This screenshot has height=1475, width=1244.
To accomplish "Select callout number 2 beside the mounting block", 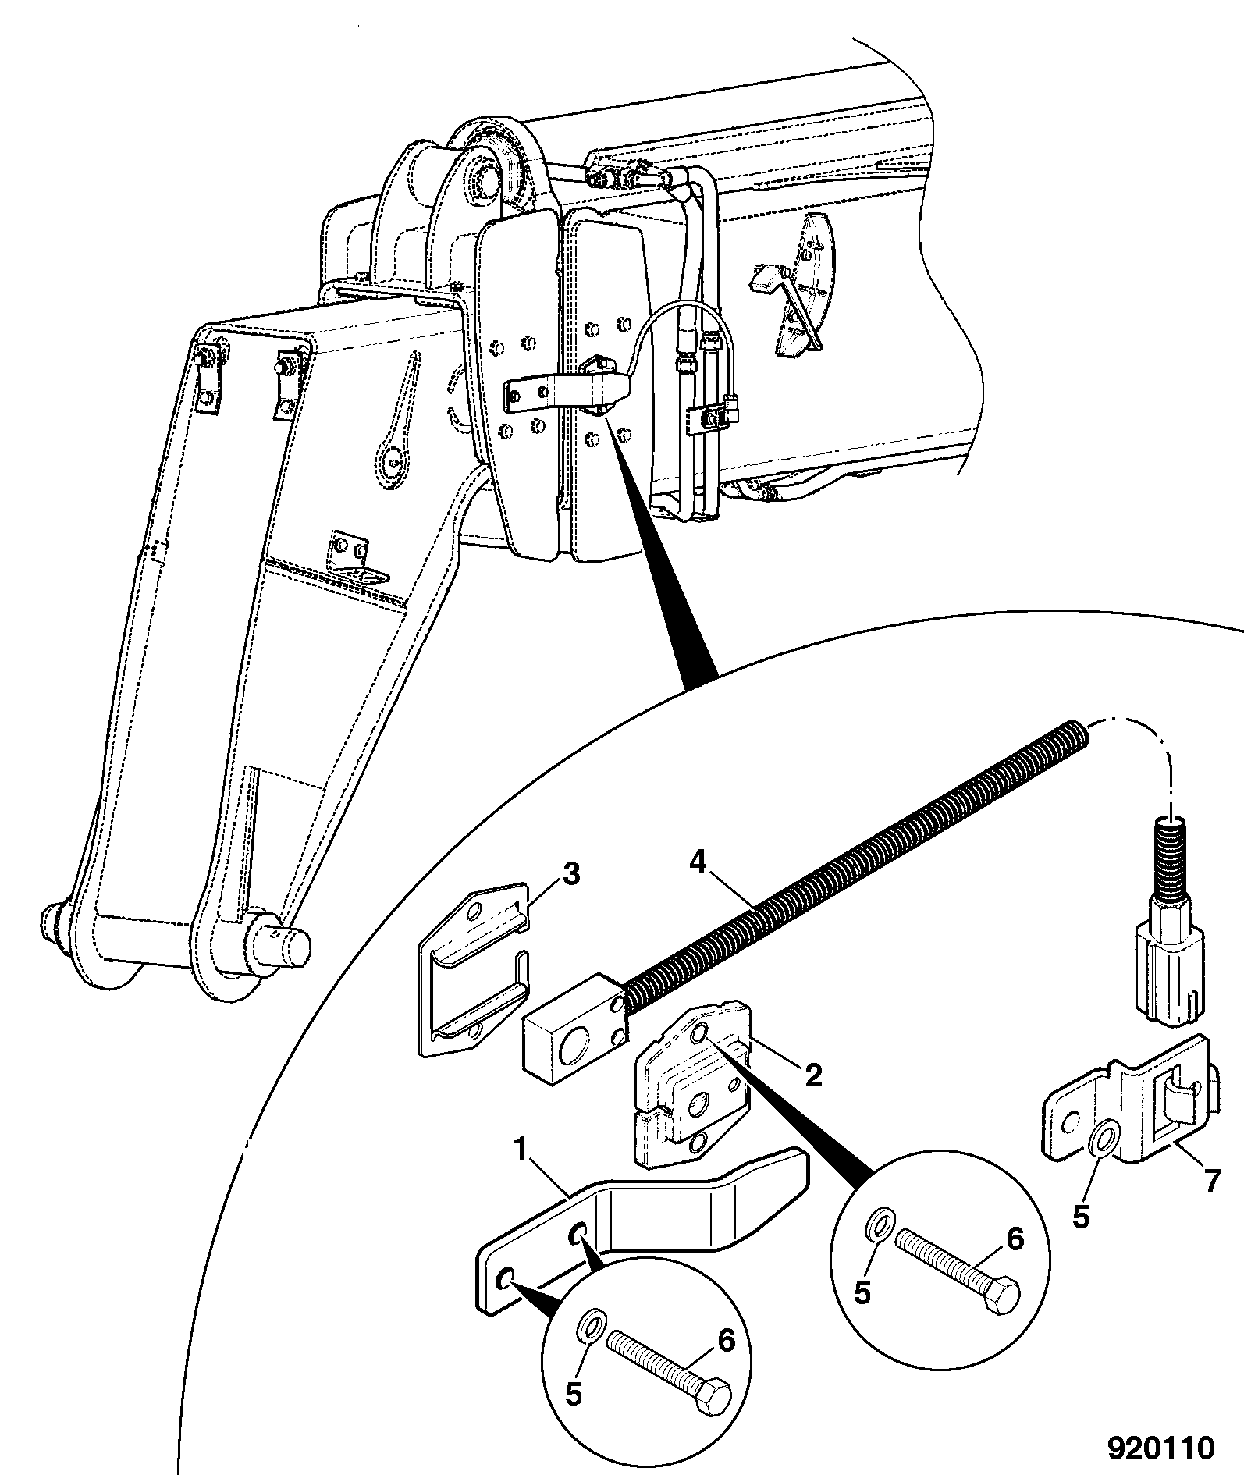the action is (x=813, y=1076).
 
